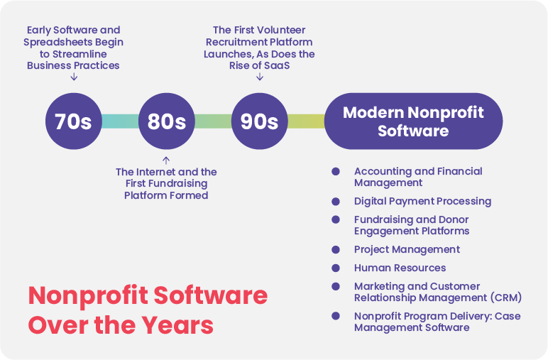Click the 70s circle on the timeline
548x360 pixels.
pyautogui.click(x=73, y=121)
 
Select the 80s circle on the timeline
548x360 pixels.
pyautogui.click(x=166, y=121)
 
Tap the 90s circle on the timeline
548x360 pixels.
pyautogui.click(x=259, y=121)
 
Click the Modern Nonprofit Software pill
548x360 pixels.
pyautogui.click(x=413, y=121)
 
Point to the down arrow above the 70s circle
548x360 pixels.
pyautogui.click(x=74, y=77)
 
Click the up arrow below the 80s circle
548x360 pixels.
pyautogui.click(x=166, y=160)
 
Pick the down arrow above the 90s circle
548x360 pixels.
pyautogui.click(x=260, y=77)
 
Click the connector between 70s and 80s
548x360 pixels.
pyautogui.click(x=120, y=121)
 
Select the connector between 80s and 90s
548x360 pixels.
pyautogui.click(x=213, y=121)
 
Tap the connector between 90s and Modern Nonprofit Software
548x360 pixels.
pyautogui.click(x=306, y=121)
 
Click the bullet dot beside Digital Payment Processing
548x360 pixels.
pyautogui.click(x=336, y=202)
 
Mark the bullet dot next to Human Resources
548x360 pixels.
pyautogui.click(x=336, y=268)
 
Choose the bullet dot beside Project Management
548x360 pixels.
pyautogui.click(x=336, y=249)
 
